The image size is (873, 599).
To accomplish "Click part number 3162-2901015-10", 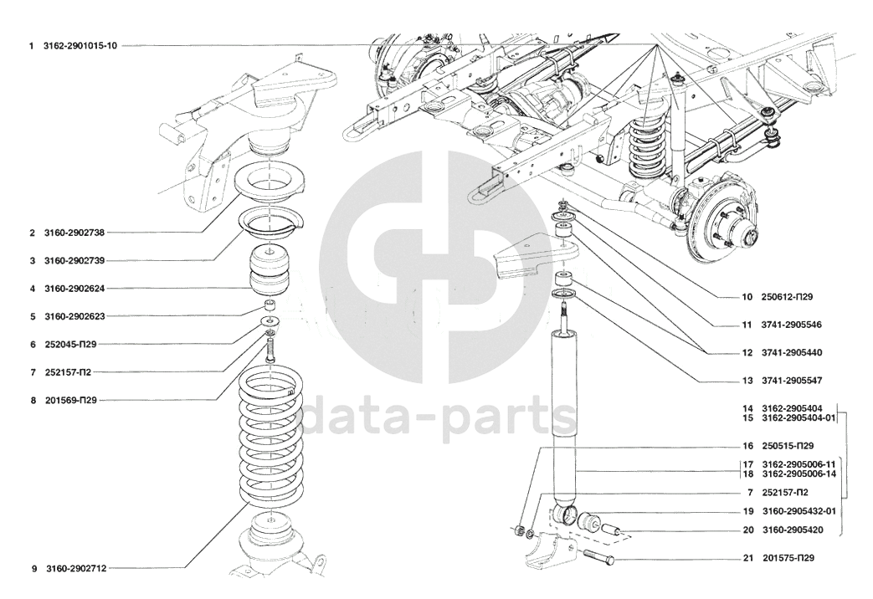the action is coord(80,46).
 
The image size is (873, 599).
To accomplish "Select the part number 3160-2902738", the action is coord(74,233).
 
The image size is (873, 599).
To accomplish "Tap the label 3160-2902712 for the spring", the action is coord(75,568).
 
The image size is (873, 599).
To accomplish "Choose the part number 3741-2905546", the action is coord(792,325).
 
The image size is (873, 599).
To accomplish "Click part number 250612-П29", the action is coord(787,297).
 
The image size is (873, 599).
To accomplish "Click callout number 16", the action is coord(747,446).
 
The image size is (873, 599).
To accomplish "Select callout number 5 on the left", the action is coord(33,316).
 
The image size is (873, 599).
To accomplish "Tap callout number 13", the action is coord(747,381).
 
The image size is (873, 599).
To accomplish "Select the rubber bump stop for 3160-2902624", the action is coord(270,270).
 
